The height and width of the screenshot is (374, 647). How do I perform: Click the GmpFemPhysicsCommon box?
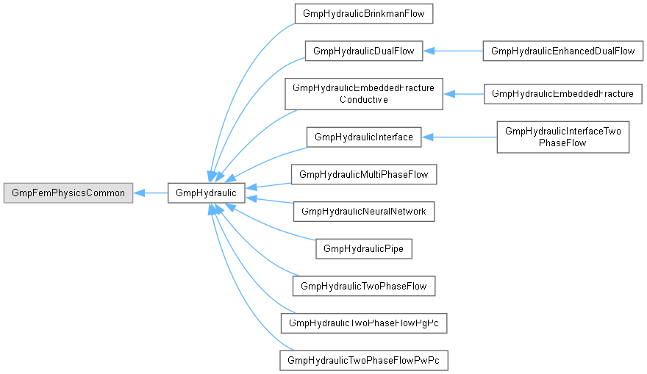pos(68,193)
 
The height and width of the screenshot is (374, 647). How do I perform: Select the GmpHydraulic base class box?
pos(207,193)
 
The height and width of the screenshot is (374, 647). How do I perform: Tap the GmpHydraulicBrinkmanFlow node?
pos(363,14)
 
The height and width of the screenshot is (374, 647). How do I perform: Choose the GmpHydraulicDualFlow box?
pos(363,51)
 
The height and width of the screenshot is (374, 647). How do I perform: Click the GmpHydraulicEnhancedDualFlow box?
pos(563,51)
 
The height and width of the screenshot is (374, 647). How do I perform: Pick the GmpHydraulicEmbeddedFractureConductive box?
pos(363,94)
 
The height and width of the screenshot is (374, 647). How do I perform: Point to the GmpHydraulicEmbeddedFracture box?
pos(563,94)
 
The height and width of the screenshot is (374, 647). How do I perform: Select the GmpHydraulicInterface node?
pos(363,137)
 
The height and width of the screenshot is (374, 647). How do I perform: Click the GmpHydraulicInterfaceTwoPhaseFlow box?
pos(563,137)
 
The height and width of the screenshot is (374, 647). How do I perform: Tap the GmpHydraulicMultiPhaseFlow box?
pos(363,174)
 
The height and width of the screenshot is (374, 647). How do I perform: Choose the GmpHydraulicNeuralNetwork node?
pos(363,212)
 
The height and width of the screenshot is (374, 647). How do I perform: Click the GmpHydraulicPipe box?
pos(363,248)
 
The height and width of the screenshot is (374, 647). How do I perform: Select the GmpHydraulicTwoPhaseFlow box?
pos(363,286)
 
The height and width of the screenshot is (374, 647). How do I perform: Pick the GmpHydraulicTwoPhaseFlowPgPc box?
pos(363,323)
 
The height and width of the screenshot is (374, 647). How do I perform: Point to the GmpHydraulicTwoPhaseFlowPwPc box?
pos(363,360)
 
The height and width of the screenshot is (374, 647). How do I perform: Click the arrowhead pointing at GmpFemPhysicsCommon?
pos(139,193)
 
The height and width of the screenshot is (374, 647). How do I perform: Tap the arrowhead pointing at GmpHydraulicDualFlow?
pos(429,51)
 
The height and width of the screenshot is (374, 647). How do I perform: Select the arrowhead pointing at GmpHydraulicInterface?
pos(427,137)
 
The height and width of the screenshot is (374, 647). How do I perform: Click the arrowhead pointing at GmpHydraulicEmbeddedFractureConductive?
pos(449,94)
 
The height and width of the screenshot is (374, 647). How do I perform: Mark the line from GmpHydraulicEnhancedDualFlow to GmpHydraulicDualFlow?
pos(453,51)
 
